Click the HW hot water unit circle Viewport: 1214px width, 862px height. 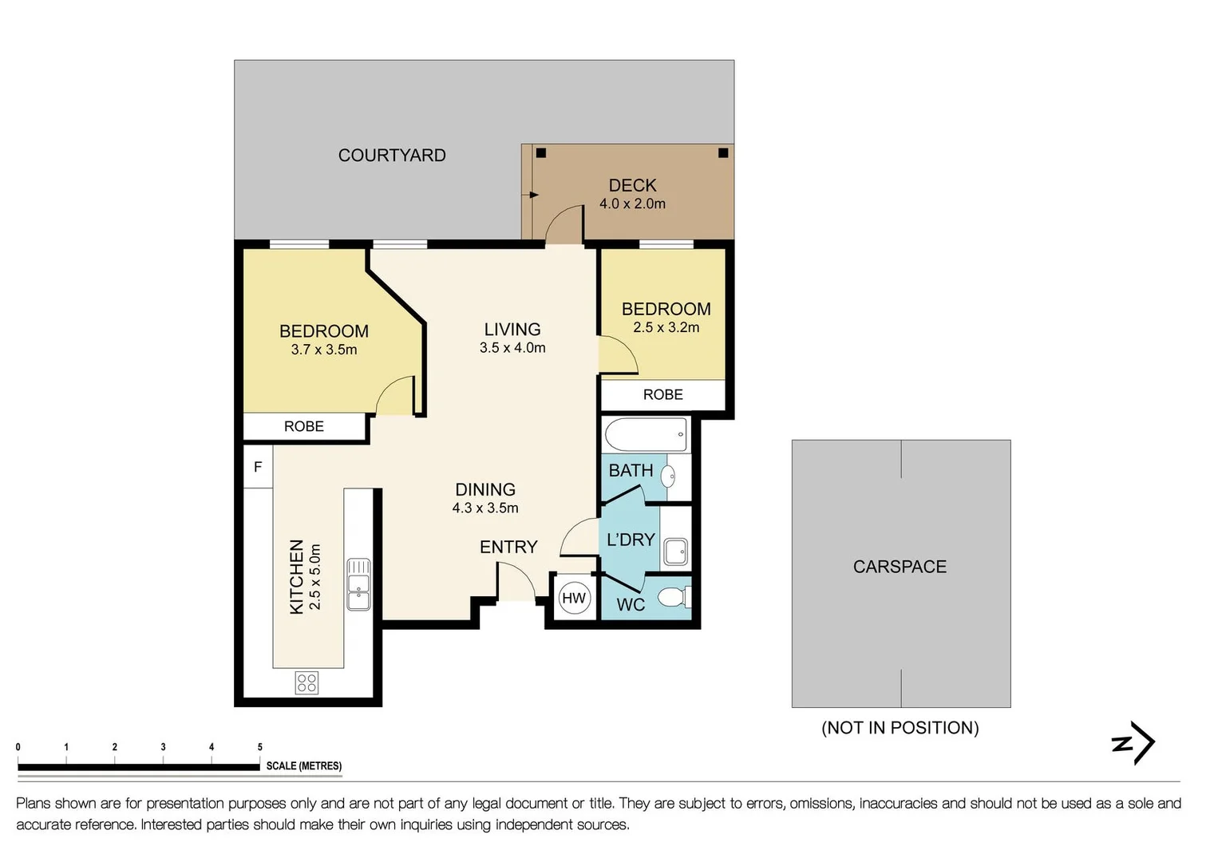pos(574,598)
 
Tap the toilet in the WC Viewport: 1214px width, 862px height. pos(674,598)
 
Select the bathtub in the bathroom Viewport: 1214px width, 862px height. pos(646,434)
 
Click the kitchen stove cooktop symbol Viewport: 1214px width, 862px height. pos(306,683)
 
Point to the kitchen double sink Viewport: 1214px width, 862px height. pos(358,584)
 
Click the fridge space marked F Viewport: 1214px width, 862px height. pos(258,466)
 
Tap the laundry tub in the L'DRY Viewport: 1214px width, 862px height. pos(675,552)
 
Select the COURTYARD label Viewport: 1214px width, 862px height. pos(392,156)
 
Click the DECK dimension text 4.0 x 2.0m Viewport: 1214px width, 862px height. pos(632,204)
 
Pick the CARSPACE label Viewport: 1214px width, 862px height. pos(900,567)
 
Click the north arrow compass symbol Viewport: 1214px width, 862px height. pos(1133,742)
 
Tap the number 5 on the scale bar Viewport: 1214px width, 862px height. pos(260,747)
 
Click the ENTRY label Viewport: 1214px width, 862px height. pos(508,548)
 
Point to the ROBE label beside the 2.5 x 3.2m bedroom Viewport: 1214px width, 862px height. pos(662,394)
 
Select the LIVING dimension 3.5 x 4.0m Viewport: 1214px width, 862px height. pos(512,348)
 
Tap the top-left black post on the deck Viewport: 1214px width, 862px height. pos(541,153)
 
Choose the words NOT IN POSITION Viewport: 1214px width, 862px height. pos(900,728)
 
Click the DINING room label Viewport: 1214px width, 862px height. pos(485,490)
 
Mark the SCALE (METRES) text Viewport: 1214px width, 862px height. pos(303,766)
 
